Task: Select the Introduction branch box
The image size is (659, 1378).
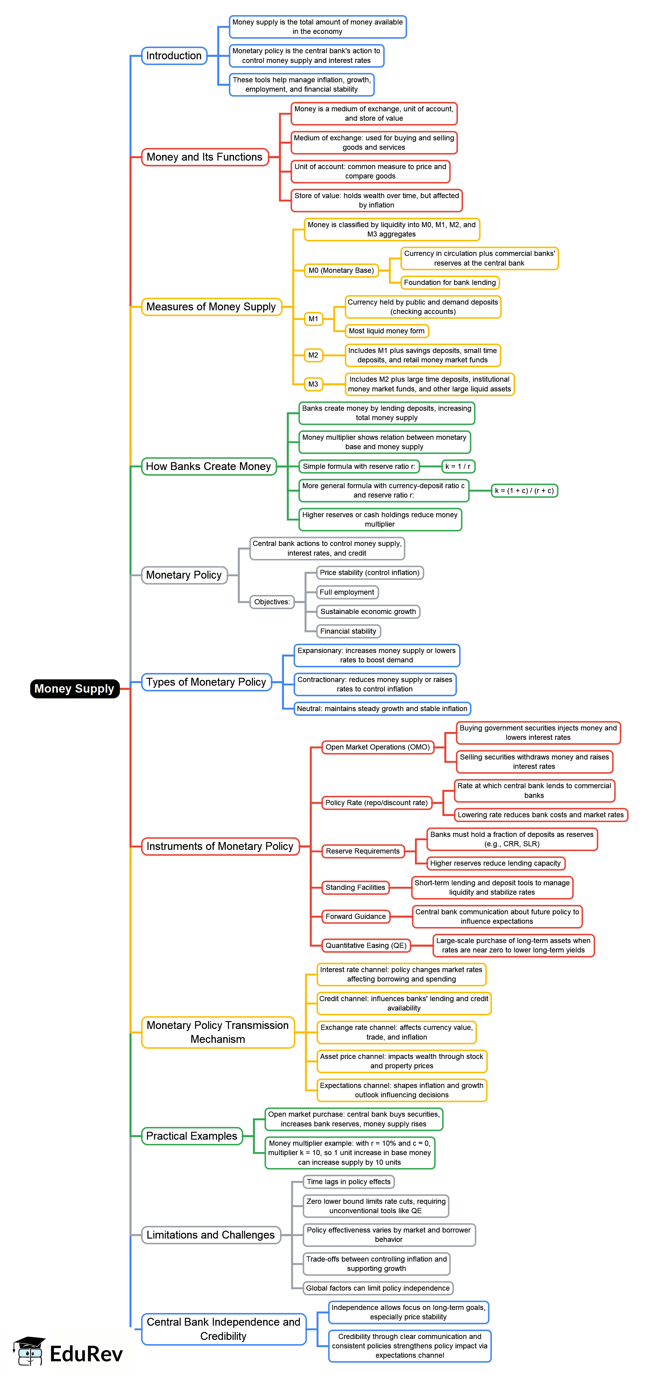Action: pyautogui.click(x=174, y=56)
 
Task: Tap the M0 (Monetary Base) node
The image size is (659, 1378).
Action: pyautogui.click(x=341, y=271)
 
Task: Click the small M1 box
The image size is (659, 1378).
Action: pyautogui.click(x=313, y=319)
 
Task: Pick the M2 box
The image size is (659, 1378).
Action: pyautogui.click(x=313, y=355)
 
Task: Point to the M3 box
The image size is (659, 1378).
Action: pyautogui.click(x=313, y=384)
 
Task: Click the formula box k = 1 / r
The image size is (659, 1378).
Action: pyautogui.click(x=458, y=466)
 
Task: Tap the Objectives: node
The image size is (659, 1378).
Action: pyautogui.click(x=272, y=602)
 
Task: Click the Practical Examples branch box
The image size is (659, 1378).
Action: pyautogui.click(x=191, y=1136)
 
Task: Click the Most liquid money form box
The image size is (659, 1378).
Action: pyautogui.click(x=386, y=331)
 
